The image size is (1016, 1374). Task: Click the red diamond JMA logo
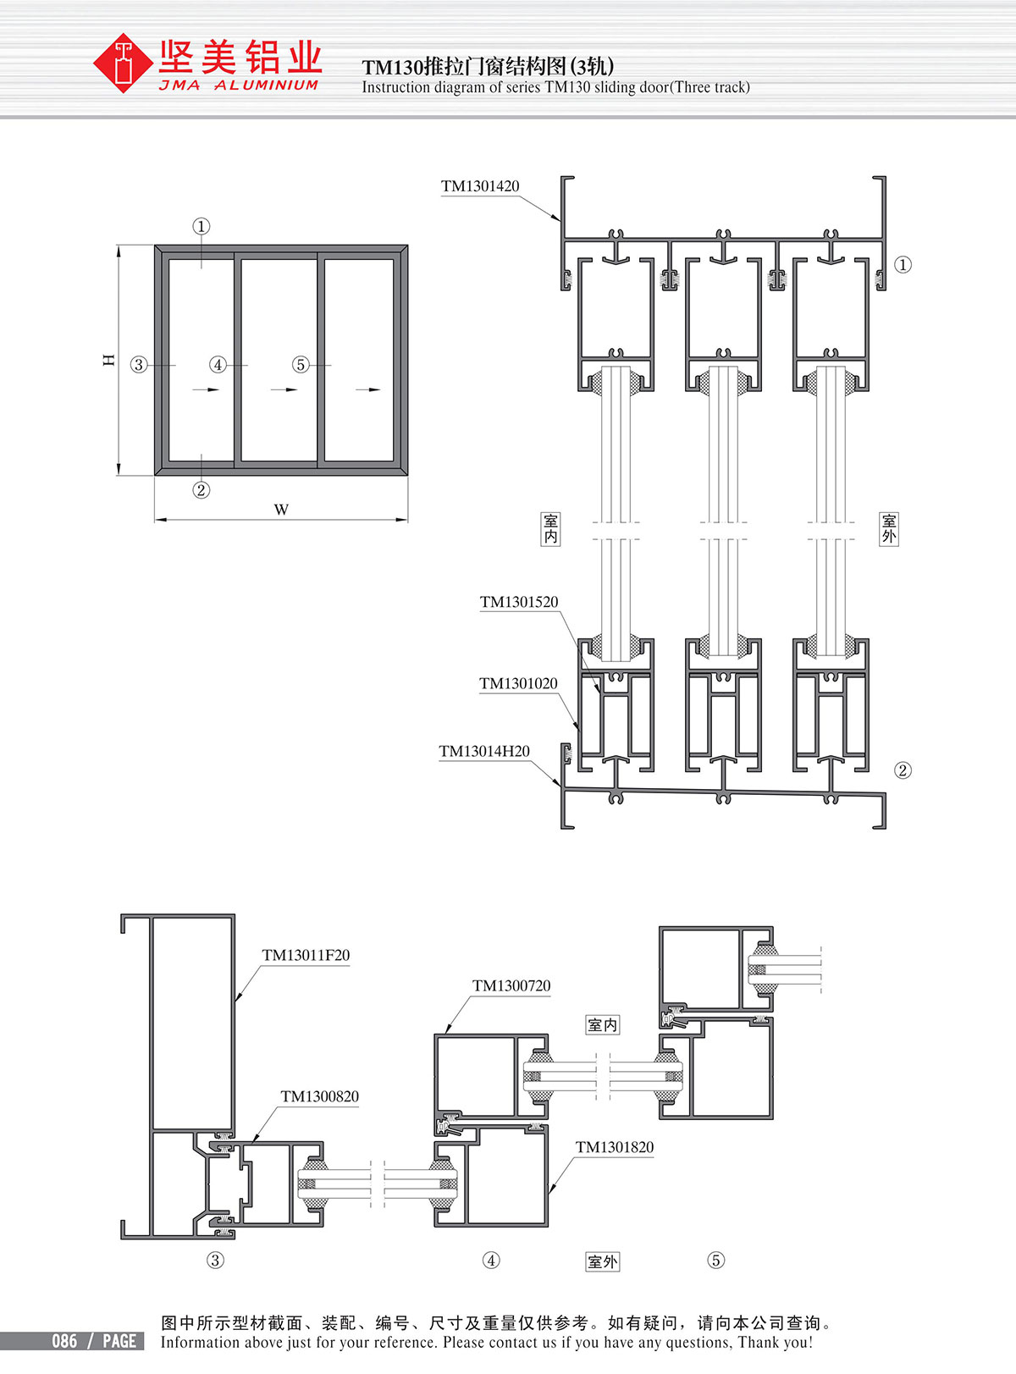(124, 63)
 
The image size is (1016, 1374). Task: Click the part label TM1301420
(480, 186)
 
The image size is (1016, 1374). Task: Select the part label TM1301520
(519, 602)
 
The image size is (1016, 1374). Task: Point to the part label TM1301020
(518, 683)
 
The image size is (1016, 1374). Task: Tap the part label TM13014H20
(484, 752)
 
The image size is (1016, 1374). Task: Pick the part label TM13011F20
(306, 955)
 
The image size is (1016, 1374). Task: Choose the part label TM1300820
(320, 1096)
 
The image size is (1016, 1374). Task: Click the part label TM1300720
(511, 985)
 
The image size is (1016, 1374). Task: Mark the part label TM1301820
(615, 1147)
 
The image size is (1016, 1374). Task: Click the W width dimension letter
(281, 510)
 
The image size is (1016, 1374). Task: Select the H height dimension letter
(109, 360)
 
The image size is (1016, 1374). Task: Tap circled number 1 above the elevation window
(202, 227)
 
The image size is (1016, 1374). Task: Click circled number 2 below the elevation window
(201, 490)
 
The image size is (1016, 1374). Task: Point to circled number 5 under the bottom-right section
(716, 1260)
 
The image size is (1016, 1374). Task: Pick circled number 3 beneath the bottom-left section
(216, 1260)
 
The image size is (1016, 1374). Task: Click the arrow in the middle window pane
(284, 389)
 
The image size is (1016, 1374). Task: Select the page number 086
(64, 1341)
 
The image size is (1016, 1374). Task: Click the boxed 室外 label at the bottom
(603, 1262)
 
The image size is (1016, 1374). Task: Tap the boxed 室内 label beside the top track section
(550, 528)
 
